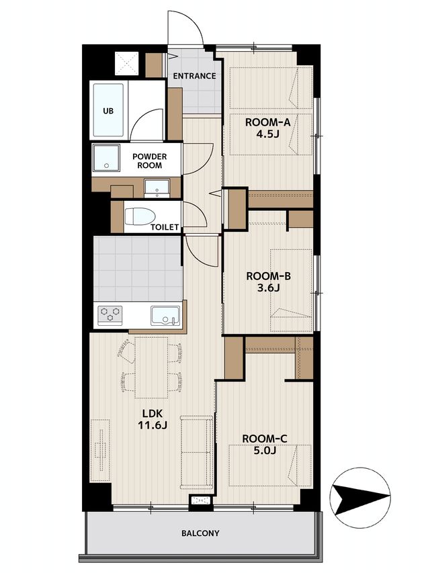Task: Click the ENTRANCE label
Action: point(194,76)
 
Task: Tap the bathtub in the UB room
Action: point(108,110)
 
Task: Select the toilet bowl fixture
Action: point(138,217)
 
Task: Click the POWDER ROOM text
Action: point(149,161)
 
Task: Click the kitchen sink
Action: point(165,316)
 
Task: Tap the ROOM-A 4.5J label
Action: point(267,128)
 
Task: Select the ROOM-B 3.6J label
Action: point(268,281)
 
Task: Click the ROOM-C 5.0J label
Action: point(265,444)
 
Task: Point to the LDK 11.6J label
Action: point(152,419)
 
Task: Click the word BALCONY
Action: point(200,533)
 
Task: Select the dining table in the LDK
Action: point(151,367)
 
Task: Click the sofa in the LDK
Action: point(197,451)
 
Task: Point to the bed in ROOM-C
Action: point(270,466)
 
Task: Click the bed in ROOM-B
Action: point(291,290)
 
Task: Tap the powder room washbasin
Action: point(157,187)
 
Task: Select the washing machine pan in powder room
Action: point(106,158)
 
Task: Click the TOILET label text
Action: point(165,227)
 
